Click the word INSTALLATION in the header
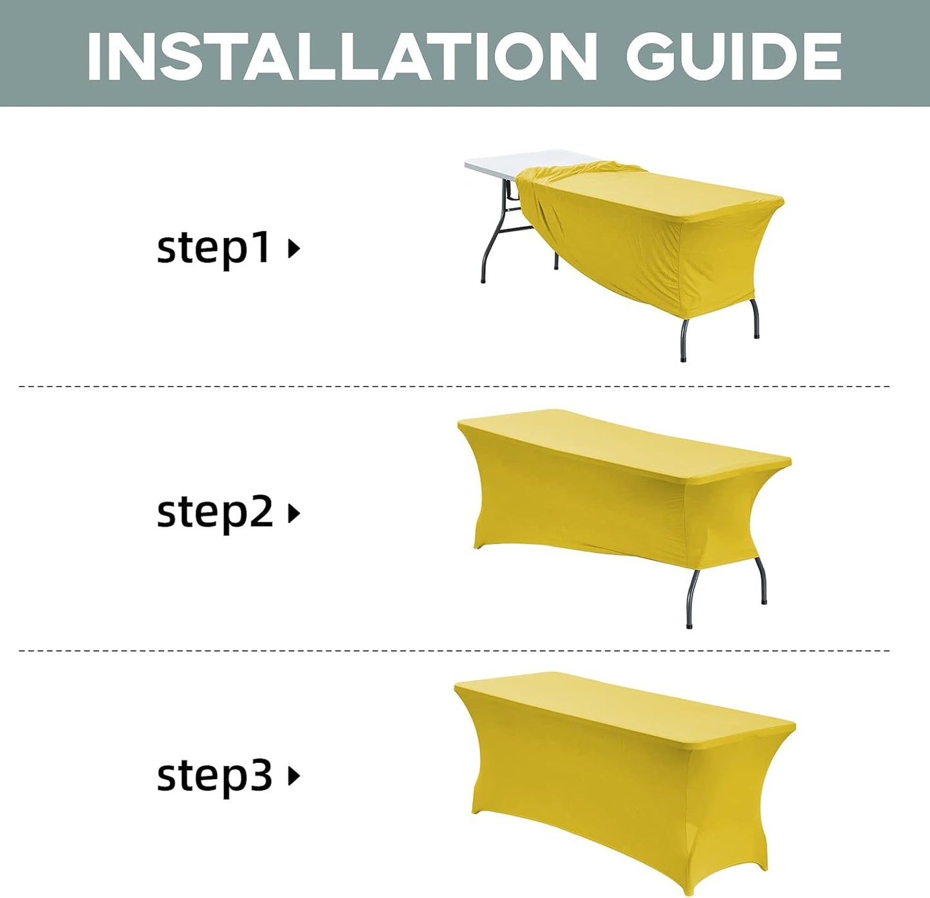click(x=341, y=56)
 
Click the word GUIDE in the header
click(x=734, y=56)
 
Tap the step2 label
click(x=214, y=512)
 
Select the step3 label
click(x=214, y=775)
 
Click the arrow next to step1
click(x=293, y=248)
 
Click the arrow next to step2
click(x=293, y=513)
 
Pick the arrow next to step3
click(x=293, y=776)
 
